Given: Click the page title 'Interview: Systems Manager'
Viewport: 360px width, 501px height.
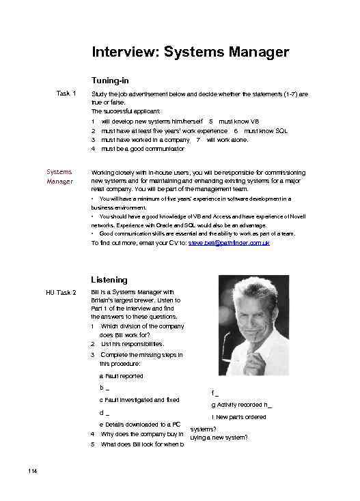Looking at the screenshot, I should coord(190,52).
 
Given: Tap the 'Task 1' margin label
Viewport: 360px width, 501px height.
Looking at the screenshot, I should coord(66,94).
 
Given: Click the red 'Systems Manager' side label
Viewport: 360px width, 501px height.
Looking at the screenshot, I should coord(59,177).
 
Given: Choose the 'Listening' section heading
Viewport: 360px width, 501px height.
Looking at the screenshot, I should coord(109,280).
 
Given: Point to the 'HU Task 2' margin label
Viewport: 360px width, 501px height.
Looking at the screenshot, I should coord(61,294).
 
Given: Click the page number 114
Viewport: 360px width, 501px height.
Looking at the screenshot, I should coord(31,472).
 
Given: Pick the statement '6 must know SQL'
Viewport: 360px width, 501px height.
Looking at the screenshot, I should coord(260,130).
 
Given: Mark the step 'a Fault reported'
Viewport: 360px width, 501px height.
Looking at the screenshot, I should coord(122,376).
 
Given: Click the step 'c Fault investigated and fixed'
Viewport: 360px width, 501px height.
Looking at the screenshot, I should coord(139,400).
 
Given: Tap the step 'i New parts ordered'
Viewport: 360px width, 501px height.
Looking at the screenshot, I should coord(238,416).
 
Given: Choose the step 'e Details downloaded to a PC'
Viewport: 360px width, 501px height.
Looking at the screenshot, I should coord(139,425).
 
